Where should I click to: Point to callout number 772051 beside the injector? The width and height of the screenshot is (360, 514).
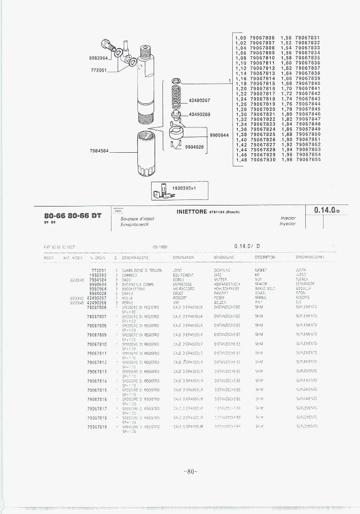click(99, 70)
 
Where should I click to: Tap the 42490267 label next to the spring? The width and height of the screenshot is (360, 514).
click(199, 100)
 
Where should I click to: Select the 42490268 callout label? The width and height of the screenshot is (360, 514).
click(199, 114)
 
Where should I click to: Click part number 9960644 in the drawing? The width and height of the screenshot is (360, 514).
click(219, 135)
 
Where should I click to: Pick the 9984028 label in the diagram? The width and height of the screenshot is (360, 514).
click(194, 147)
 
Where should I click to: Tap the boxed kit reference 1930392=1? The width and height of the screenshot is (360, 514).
click(184, 188)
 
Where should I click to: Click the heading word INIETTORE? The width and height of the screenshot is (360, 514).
click(192, 212)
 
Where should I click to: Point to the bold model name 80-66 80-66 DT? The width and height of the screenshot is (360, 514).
click(73, 215)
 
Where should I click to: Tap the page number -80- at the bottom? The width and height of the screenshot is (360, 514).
click(190, 471)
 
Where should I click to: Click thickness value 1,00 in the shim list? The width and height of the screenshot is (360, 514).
click(240, 38)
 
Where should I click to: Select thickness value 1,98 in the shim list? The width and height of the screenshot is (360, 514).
click(286, 160)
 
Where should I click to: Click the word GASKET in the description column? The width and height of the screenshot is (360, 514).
click(261, 270)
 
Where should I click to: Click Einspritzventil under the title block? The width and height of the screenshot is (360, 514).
click(135, 224)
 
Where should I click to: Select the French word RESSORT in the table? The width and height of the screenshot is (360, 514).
click(180, 298)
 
